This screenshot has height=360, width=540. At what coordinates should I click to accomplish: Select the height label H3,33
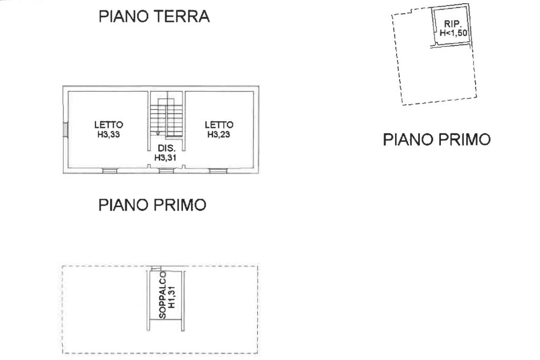(109, 134)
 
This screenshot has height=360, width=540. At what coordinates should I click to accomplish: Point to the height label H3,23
(219, 134)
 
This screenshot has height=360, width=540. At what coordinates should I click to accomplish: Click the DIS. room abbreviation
(167, 149)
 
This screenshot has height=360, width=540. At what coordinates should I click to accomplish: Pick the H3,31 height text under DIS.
(165, 158)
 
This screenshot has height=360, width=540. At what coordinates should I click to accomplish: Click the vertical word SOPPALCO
(162, 295)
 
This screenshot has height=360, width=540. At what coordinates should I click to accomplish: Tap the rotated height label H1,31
(172, 297)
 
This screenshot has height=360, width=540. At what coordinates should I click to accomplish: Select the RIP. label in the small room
(452, 24)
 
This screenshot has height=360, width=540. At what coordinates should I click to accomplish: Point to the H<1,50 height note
(453, 33)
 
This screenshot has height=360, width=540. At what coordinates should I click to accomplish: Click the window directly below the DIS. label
(166, 170)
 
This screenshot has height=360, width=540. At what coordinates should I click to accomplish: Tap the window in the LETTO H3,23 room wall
(218, 170)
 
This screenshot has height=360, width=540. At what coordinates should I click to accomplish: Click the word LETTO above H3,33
(109, 124)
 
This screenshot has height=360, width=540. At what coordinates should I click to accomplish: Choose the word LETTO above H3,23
(219, 124)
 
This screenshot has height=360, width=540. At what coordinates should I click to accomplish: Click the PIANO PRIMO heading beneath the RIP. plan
(437, 139)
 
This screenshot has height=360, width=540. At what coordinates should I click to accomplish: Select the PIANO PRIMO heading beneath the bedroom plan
(152, 205)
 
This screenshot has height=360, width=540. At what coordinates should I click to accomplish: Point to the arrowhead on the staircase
(158, 133)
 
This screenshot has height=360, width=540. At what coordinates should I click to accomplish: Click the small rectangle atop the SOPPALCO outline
(156, 268)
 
